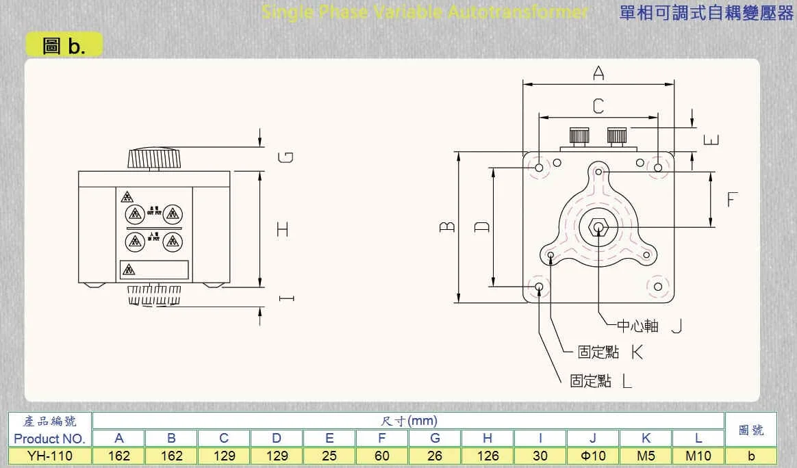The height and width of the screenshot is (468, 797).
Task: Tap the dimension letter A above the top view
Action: pos(598,73)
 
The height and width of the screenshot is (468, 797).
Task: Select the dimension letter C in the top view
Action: pos(598,106)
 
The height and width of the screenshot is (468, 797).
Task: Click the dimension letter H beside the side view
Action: pos(282,229)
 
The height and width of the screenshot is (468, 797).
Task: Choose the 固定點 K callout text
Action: pos(610,352)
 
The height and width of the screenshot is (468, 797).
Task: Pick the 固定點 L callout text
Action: pos(601,380)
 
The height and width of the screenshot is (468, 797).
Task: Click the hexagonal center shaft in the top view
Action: pos(598,227)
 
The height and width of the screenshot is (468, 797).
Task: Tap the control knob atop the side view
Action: pos(156,159)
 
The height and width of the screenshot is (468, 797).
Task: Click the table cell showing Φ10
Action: pos(593,456)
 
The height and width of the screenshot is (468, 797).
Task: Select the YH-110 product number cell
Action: pos(49,456)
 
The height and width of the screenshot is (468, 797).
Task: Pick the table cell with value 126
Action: pos(488,456)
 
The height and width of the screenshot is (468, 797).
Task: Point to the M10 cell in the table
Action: pos(698,456)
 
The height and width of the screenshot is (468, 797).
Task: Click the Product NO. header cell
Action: pos(49,439)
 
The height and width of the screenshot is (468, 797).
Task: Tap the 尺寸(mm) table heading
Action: pos(408,421)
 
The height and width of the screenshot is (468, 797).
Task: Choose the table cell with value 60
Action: pos(382,456)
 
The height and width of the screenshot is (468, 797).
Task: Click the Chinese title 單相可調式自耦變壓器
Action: pos(705,12)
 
